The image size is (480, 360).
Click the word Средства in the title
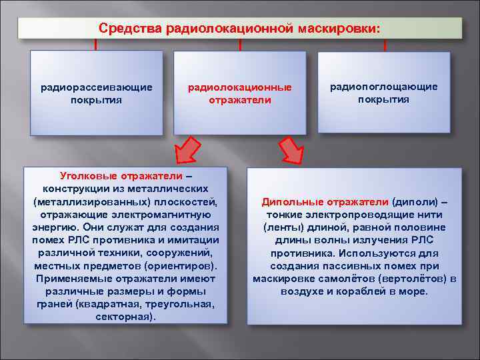click(122, 29)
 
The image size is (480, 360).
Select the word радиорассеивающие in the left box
click(97, 87)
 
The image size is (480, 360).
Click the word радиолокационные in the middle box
click(240, 87)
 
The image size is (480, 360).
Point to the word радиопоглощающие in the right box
click(383, 87)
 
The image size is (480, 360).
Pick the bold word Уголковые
click(87, 175)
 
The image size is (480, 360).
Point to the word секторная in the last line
click(124, 317)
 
